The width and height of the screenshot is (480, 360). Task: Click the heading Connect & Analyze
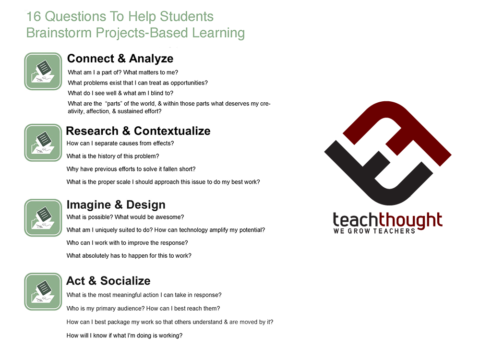click(120, 59)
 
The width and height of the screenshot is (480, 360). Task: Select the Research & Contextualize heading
click(138, 131)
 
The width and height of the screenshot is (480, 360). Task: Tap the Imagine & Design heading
click(116, 205)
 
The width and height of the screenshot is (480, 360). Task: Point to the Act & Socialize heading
click(108, 281)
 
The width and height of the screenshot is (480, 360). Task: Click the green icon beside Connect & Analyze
click(43, 71)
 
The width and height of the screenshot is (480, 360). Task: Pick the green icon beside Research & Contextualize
click(43, 143)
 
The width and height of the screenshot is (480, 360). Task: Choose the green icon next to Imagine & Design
click(43, 217)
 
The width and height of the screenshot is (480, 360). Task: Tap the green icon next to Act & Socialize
click(43, 291)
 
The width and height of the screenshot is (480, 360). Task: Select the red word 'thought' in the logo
click(410, 220)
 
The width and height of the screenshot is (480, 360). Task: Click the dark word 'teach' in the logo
click(356, 220)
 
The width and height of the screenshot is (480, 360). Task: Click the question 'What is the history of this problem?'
click(113, 156)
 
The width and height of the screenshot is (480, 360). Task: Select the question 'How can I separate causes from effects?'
click(120, 144)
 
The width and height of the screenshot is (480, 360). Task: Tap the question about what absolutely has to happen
click(129, 256)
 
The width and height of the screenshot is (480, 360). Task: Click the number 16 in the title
click(34, 16)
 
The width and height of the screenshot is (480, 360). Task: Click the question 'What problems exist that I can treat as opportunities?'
click(138, 83)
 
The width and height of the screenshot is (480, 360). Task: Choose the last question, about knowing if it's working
click(124, 336)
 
